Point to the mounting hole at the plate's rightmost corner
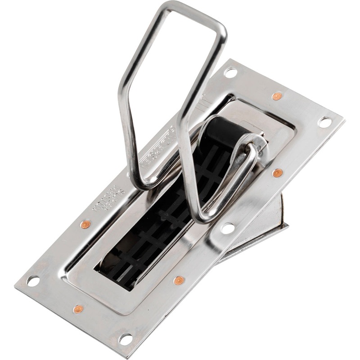click(324, 121)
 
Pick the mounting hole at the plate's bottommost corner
click(126, 339)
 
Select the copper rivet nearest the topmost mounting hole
click(277, 96)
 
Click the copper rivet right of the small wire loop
click(278, 173)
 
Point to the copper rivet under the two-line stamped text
click(85, 224)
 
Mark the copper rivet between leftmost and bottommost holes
click(78, 309)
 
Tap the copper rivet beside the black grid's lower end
click(179, 280)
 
